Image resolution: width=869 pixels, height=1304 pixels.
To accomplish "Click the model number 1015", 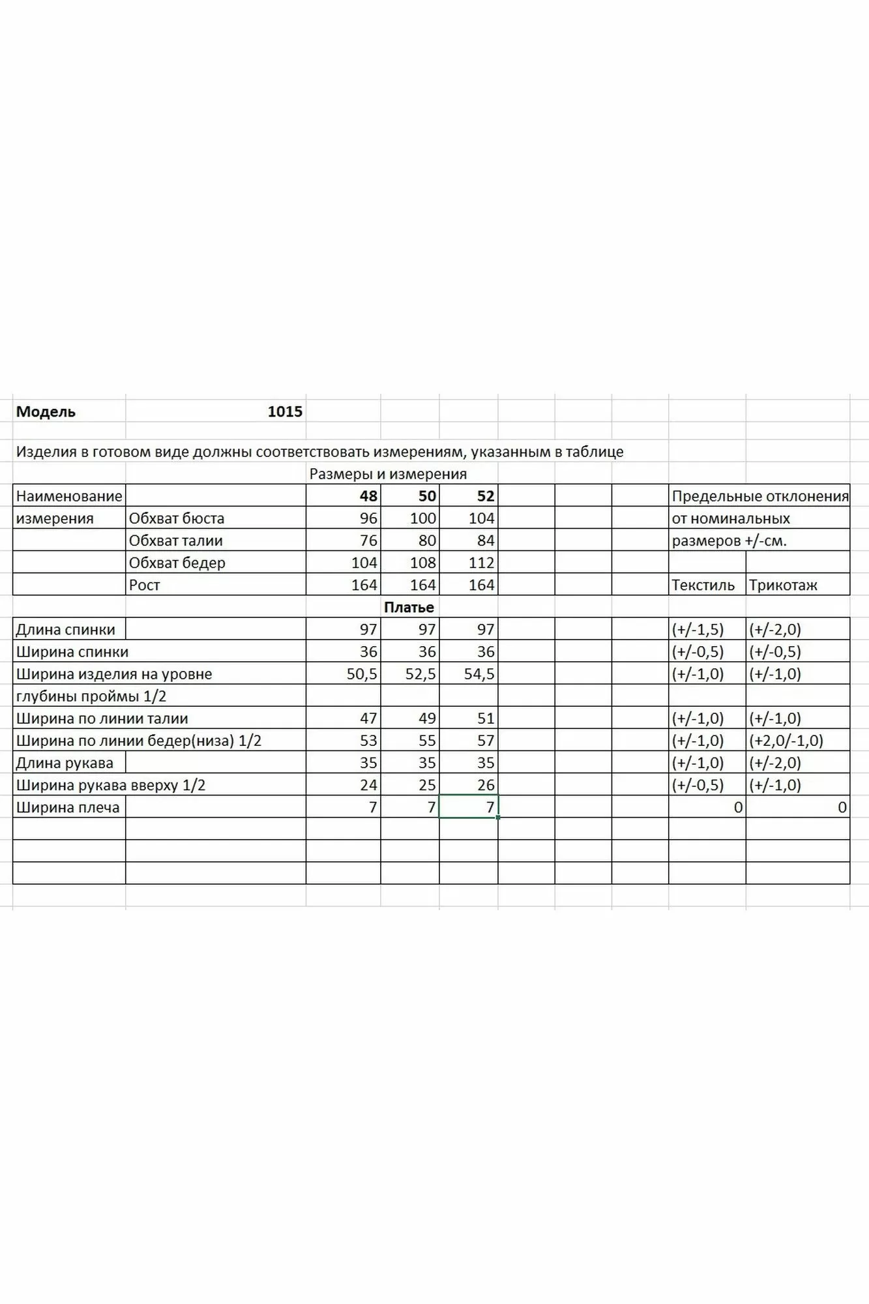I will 285,411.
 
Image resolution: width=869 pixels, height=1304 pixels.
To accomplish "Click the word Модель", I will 46,411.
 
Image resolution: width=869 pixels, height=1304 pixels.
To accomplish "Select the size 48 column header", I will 368,496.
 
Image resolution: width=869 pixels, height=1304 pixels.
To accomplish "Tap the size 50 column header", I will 427,496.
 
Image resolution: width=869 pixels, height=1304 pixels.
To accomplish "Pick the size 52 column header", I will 486,496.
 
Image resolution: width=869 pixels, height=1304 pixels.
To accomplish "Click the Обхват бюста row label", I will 177,518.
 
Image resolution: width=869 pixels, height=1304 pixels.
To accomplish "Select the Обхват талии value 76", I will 368,541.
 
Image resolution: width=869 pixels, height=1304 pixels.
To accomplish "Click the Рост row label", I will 144,585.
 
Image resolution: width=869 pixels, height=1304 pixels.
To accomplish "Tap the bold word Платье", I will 409,607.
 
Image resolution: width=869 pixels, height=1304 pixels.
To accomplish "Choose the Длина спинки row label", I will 65,630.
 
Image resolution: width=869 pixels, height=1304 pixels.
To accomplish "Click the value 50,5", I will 362,674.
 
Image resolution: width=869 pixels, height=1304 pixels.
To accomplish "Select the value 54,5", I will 479,674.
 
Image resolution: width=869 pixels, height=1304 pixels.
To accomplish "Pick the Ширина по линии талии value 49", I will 427,719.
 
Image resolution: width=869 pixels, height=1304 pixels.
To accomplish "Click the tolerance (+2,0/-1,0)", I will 786,741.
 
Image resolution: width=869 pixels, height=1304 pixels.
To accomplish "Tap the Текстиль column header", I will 703,585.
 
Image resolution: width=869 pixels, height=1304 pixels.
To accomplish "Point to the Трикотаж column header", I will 783,585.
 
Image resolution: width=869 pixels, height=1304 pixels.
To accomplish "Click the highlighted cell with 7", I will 469,807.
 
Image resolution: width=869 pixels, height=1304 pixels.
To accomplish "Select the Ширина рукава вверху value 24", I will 368,785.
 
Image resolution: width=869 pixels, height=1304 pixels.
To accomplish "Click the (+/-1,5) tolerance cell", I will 698,630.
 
